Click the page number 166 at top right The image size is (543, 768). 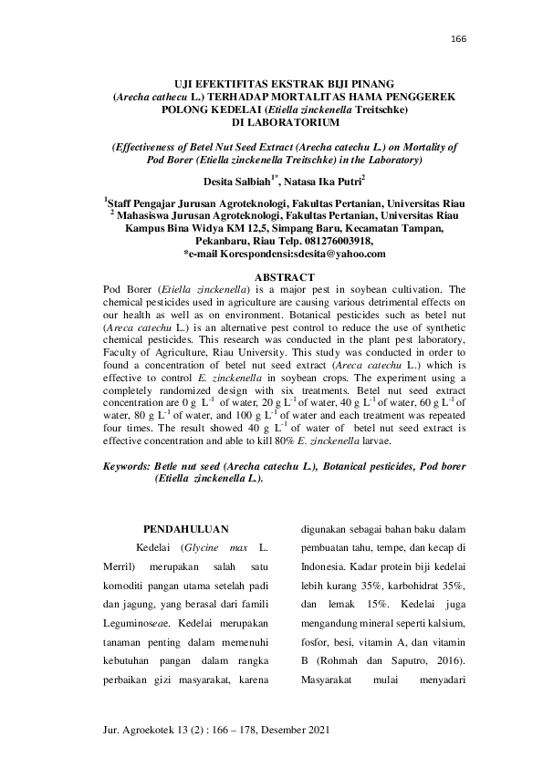coord(458,39)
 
